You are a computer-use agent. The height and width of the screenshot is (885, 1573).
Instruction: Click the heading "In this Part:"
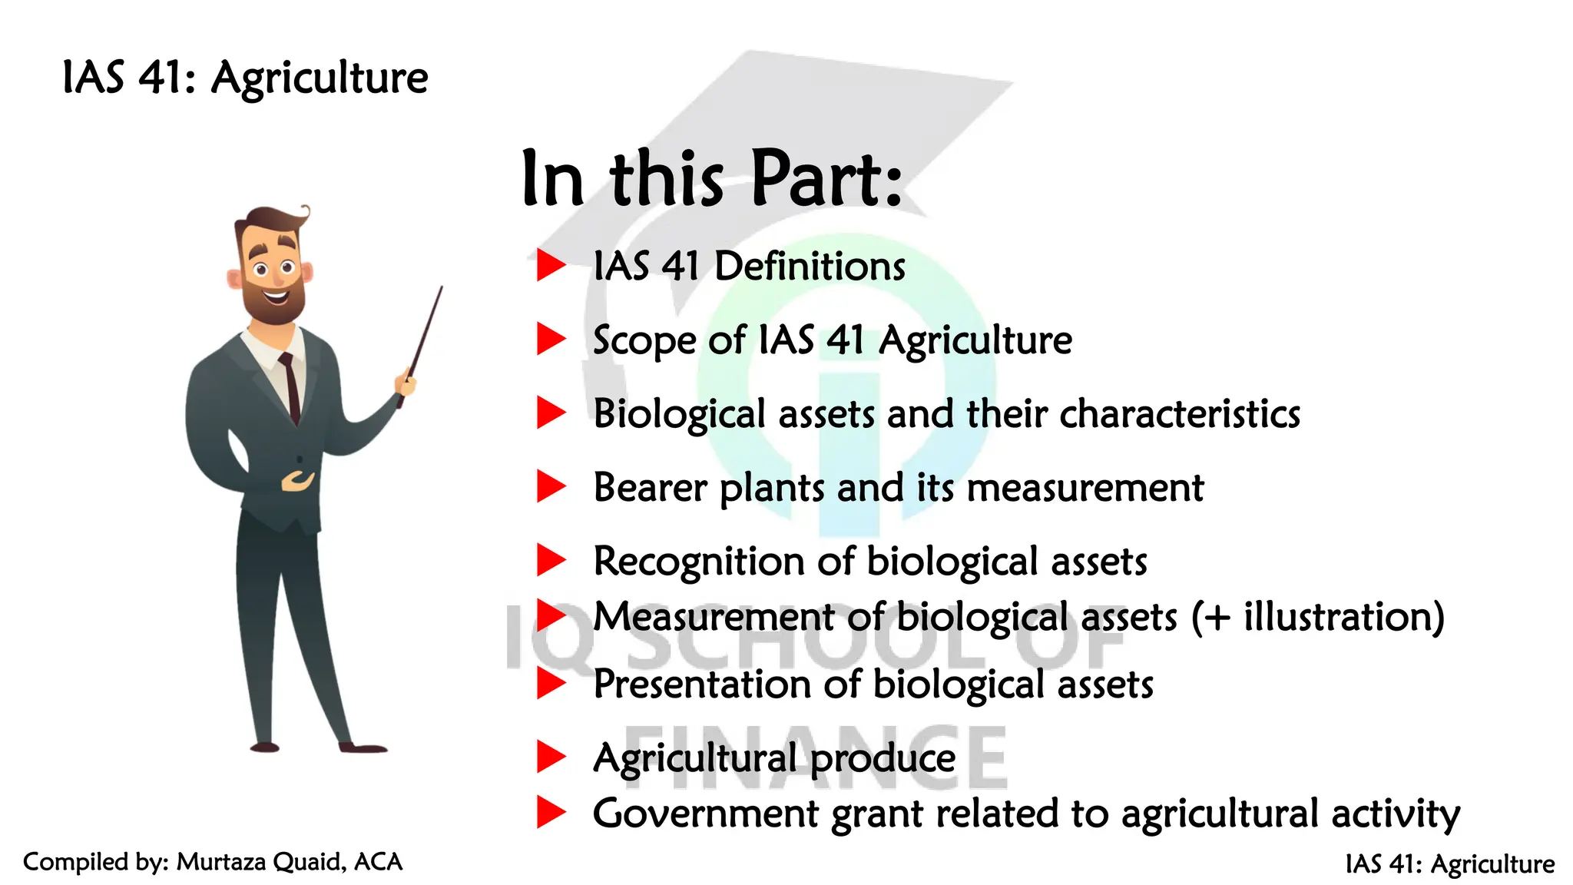point(711,178)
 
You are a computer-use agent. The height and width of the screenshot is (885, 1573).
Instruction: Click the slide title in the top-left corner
point(244,78)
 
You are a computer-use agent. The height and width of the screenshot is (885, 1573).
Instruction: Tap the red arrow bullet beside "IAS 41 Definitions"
point(551,265)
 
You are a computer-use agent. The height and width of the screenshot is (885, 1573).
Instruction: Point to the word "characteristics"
point(1180,414)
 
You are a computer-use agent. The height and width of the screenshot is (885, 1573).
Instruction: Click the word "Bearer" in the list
point(650,488)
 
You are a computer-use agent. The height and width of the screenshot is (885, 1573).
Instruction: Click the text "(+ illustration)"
point(1317,617)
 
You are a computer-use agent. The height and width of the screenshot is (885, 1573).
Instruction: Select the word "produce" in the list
point(883,758)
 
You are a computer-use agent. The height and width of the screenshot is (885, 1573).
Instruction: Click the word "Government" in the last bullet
point(705,814)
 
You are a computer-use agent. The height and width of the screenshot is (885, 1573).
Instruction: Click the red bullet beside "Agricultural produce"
point(551,757)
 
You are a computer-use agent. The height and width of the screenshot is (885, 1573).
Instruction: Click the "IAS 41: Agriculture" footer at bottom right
point(1449,863)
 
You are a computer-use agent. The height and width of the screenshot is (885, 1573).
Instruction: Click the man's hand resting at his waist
point(298,482)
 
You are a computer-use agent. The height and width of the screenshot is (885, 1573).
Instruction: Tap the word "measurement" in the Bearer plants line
point(1085,488)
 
